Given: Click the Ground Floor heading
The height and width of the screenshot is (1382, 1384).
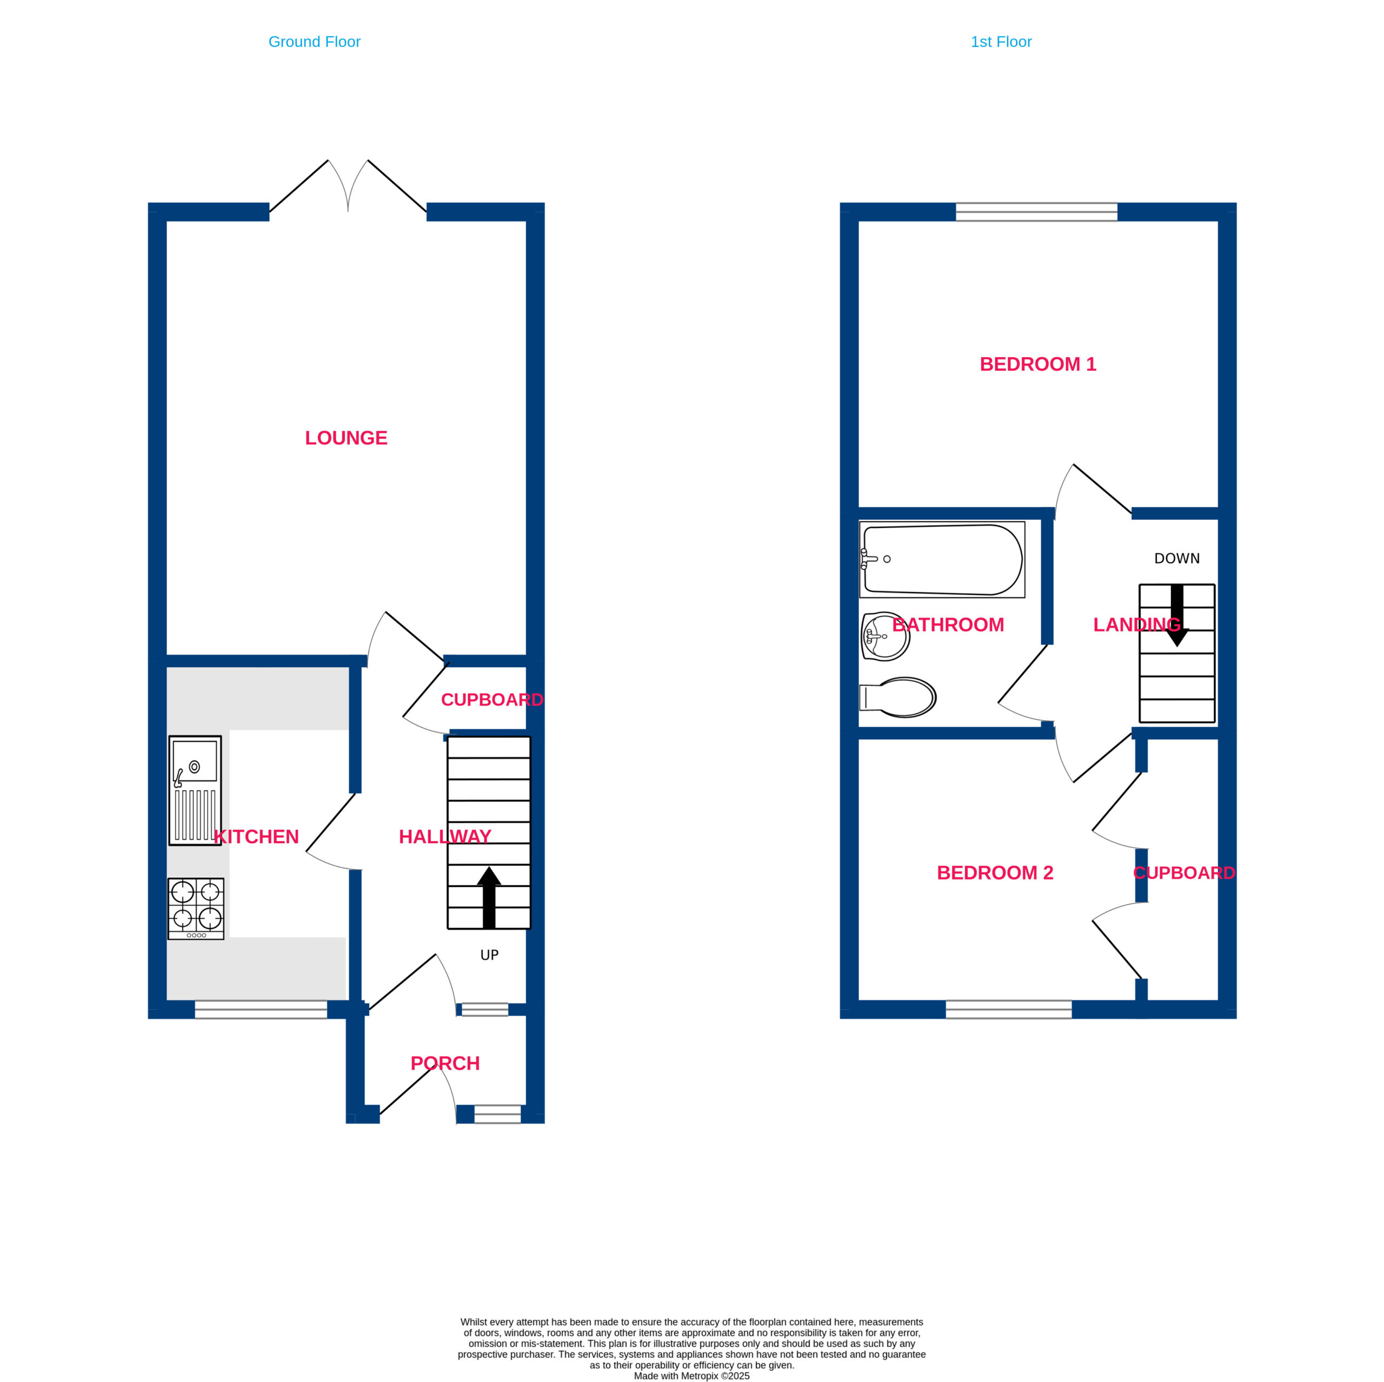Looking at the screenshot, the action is [x=315, y=42].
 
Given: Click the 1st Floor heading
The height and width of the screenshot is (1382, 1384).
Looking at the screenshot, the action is [x=1001, y=42].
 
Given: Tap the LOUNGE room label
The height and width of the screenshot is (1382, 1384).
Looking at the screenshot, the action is [x=346, y=438].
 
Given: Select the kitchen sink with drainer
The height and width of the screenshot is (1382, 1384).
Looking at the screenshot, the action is [x=195, y=790].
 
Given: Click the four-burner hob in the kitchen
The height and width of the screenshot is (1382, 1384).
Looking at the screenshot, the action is [x=196, y=909].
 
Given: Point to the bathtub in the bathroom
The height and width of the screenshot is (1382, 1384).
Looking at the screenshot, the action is [x=942, y=559].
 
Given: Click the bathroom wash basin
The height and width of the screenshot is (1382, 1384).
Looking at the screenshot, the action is [x=886, y=636].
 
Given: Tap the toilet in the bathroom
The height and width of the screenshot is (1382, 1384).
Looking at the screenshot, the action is [x=897, y=697].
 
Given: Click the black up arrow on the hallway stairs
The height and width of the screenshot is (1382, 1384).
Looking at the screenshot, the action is [x=489, y=897].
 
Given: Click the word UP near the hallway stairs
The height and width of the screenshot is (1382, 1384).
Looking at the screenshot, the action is [x=489, y=955].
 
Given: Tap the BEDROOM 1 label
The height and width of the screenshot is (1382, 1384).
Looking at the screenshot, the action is [x=1038, y=364].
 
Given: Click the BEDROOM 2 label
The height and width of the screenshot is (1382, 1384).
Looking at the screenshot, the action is [x=995, y=872].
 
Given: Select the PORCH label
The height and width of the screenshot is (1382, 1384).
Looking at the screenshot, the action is [x=445, y=1063].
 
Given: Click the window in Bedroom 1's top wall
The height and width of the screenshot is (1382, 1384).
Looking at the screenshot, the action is [x=1036, y=212].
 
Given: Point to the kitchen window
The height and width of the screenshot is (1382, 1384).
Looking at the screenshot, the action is [x=261, y=1010].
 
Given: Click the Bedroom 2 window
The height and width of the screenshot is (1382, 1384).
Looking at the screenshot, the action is [x=1009, y=1010].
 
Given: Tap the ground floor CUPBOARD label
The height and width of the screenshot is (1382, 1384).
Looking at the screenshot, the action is [x=492, y=700].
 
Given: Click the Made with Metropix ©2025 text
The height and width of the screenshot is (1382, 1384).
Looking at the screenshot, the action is [x=692, y=1376].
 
